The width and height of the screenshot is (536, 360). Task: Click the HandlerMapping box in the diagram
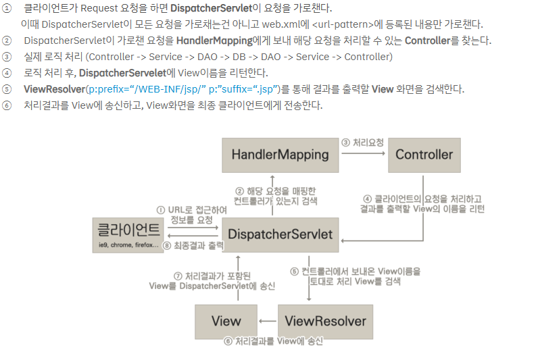tap(280, 155)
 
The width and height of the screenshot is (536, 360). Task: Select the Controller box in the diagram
tap(424, 155)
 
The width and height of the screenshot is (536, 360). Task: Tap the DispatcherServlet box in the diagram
tap(280, 234)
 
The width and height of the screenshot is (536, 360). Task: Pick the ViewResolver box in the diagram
tap(325, 321)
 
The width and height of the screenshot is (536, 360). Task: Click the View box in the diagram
tap(226, 321)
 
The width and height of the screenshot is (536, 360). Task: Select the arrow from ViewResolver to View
tap(268, 321)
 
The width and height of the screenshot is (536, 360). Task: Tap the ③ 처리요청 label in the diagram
tap(362, 143)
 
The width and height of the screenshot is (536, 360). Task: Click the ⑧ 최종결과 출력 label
tap(193, 245)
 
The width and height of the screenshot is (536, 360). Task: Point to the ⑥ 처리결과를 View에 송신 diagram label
tap(274, 341)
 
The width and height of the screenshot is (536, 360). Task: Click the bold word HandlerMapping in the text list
tap(214, 41)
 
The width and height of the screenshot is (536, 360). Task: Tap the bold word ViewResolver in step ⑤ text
tap(54, 89)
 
